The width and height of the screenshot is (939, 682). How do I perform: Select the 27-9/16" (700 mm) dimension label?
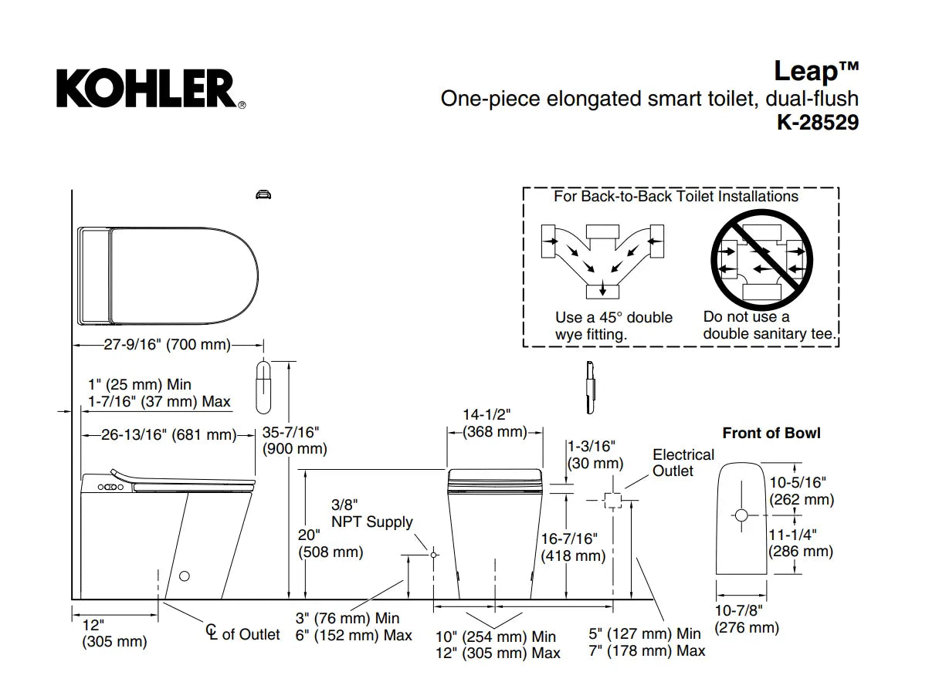pos(168,345)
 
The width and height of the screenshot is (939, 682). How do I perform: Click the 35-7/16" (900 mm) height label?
pos(294,440)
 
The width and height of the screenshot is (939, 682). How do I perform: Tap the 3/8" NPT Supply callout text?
pos(371,514)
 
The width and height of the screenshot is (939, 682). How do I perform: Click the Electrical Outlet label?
pos(683,463)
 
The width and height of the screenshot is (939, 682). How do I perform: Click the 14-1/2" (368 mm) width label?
pos(494,424)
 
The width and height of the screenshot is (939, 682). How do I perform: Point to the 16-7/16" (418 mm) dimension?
pos(572,546)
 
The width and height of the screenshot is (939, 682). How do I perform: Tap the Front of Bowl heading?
pos(771,433)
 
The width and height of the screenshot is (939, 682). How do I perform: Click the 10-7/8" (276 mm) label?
pos(746,620)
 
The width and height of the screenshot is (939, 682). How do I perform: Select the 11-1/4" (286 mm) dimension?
pos(801,542)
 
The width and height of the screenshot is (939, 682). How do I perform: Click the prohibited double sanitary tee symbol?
pos(761,258)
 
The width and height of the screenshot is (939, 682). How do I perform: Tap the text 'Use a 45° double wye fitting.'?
pos(613,326)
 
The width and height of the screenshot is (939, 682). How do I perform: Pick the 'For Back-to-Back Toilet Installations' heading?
pos(676,196)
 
